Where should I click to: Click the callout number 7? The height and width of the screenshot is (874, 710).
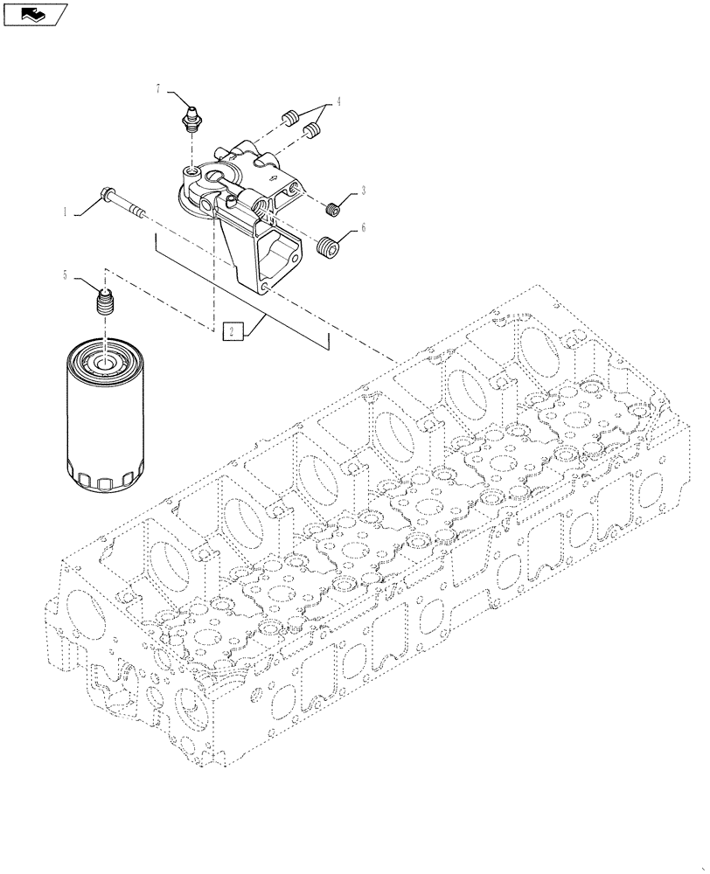[x=158, y=89]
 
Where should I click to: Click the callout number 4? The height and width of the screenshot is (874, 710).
[x=338, y=101]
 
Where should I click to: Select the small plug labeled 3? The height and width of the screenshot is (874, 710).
[x=331, y=209]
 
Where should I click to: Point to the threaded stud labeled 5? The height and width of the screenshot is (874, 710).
[x=104, y=307]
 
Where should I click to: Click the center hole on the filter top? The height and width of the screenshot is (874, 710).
[x=104, y=362]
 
